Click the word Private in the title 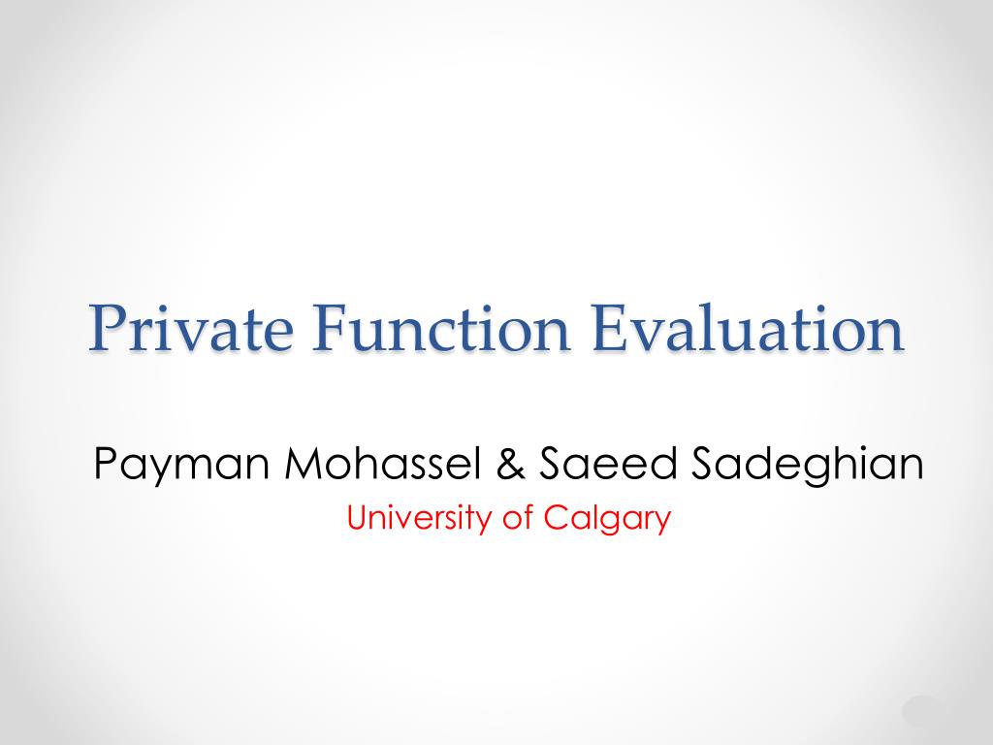[x=191, y=328]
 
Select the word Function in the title [x=441, y=328]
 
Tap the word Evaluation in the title [x=748, y=328]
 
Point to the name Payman [x=182, y=466]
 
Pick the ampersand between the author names [x=510, y=463]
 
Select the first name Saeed [x=608, y=463]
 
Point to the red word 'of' [x=518, y=518]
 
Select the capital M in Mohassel [x=302, y=463]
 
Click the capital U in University [x=357, y=518]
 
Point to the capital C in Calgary [x=554, y=518]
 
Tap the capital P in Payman [x=105, y=463]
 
